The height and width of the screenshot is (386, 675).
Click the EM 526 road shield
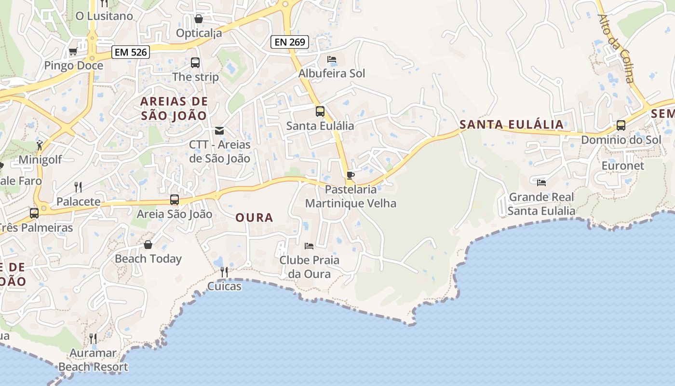tap(131, 52)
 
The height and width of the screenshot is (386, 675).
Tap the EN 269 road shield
tap(289, 42)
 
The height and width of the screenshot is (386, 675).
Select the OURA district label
tap(254, 218)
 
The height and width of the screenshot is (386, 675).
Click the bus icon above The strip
tap(195, 62)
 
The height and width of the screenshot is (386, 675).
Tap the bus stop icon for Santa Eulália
tap(320, 111)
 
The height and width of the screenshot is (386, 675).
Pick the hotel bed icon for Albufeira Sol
tap(332, 59)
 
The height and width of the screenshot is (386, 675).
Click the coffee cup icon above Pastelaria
tap(351, 175)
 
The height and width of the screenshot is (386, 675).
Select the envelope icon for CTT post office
tap(219, 130)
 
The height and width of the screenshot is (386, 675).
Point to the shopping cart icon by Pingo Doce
tap(73, 51)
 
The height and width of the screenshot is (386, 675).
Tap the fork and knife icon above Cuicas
tap(224, 272)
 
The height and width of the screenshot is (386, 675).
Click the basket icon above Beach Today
tap(148, 245)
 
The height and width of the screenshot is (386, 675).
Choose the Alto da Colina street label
tap(615, 48)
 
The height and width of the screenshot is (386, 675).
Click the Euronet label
tap(622, 165)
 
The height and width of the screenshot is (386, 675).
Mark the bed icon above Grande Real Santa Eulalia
tap(541, 182)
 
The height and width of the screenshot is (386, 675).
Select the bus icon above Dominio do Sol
tap(621, 125)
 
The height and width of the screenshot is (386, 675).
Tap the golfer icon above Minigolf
tap(40, 145)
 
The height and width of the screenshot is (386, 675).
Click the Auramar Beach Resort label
tap(93, 360)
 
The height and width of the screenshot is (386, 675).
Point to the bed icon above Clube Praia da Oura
tap(309, 246)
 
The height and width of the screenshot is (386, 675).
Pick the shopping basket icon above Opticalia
tap(198, 19)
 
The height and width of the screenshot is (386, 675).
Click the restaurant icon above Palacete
tap(78, 187)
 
